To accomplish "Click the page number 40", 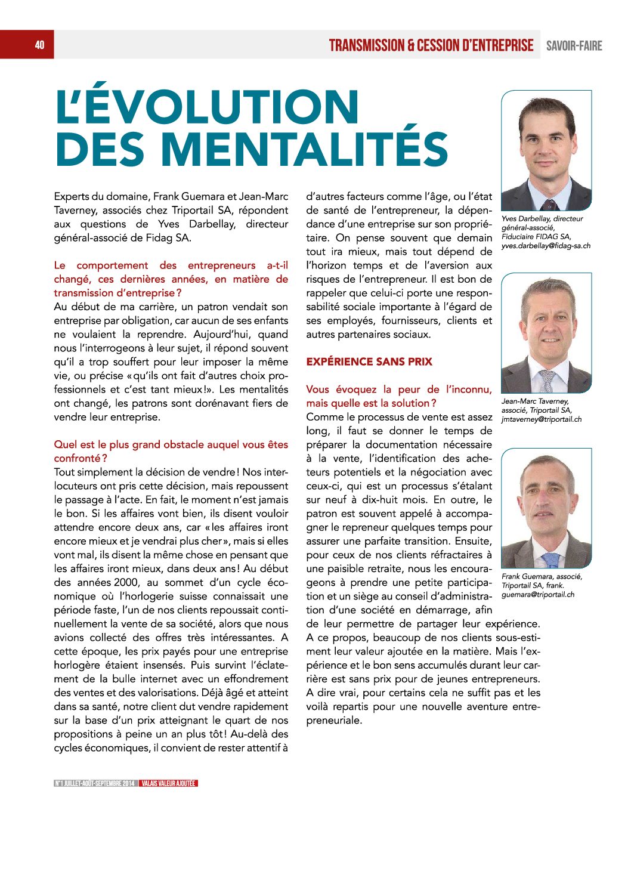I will [x=39, y=45].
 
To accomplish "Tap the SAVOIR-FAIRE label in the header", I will [x=574, y=46].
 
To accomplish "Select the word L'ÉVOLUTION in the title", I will [x=207, y=107].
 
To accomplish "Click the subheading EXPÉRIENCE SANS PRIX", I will [x=369, y=361].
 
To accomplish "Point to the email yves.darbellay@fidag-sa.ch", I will [x=546, y=246].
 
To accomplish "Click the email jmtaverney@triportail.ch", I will [x=541, y=419].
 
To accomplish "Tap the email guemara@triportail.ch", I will [x=538, y=595].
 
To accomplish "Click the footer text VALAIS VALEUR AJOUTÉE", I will [x=169, y=783].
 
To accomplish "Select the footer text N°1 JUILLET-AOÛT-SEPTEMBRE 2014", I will [x=95, y=783].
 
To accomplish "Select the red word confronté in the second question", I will [x=77, y=459].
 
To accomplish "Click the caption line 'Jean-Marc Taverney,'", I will [x=535, y=401].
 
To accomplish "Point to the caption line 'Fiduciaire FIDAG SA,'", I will [x=536, y=237].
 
